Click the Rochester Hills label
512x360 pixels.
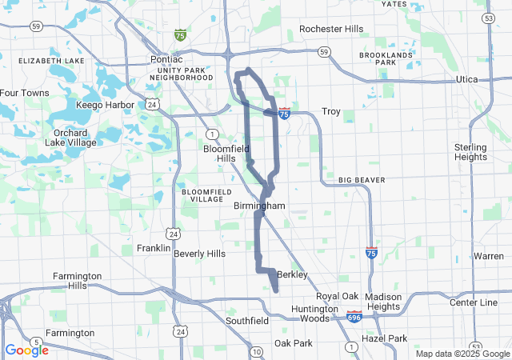pos(331,29)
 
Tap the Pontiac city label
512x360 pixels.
pos(166,60)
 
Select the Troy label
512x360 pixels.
pos(331,111)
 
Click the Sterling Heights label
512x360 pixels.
pos(470,152)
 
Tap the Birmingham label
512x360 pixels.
pos(259,206)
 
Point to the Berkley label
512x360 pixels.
pos(289,274)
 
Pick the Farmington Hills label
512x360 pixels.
pos(77,281)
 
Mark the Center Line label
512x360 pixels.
pos(473,302)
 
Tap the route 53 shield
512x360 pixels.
pos(489,18)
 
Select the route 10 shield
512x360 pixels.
pos(256,351)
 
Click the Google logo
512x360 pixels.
pos(26,350)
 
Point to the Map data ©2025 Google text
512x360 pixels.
pos(462,354)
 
